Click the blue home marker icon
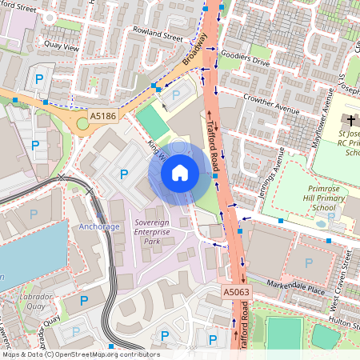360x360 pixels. [179, 172]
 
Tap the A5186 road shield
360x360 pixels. [102, 116]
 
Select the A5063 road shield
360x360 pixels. [236, 294]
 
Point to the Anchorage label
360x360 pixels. [99, 226]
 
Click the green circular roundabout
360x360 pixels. [82, 123]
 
